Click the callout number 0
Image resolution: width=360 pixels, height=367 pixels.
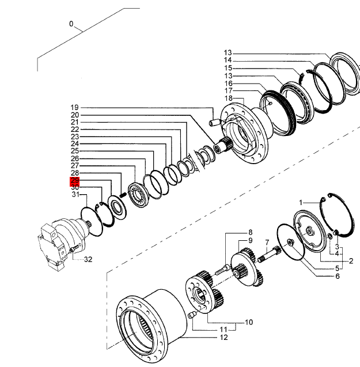[71, 24]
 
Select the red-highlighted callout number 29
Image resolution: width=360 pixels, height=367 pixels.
[75, 181]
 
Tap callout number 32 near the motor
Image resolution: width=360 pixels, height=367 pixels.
[88, 259]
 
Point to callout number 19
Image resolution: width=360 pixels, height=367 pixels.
[74, 108]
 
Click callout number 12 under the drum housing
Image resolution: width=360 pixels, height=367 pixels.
[223, 338]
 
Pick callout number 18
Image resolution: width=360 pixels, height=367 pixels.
[228, 99]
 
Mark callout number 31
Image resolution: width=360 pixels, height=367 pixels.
[75, 195]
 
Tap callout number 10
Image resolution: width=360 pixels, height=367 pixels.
[249, 322]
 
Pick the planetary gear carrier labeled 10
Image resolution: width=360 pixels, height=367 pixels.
[202, 294]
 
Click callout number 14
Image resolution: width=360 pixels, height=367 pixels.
[228, 60]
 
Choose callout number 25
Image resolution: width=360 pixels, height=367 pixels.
[75, 151]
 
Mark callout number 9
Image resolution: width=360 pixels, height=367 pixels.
[251, 240]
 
